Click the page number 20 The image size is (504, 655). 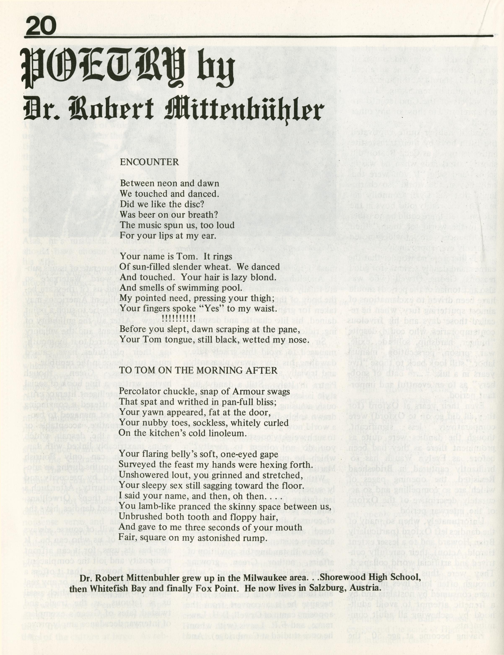click(x=41, y=26)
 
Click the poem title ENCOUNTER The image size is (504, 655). click(x=149, y=162)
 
